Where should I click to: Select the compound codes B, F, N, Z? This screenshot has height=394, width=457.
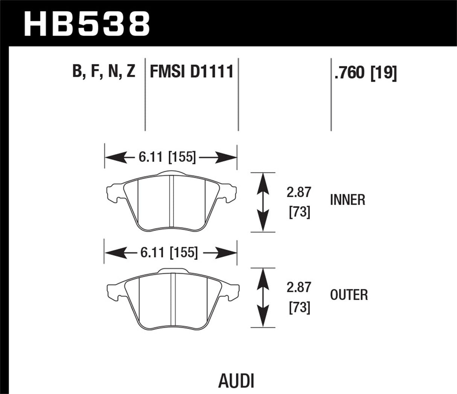coord(104,71)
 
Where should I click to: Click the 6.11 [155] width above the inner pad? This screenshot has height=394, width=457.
coord(167,158)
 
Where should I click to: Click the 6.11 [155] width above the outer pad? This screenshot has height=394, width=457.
coord(168,253)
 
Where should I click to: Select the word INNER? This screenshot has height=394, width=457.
coord(347,200)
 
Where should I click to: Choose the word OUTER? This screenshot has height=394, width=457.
coord(349,295)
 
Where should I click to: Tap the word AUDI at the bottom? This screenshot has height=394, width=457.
coord(236,381)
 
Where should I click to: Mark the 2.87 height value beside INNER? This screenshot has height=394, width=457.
coord(299,193)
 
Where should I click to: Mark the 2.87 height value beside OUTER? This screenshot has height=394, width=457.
coord(299,288)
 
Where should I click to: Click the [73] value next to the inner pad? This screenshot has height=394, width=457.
coord(299,213)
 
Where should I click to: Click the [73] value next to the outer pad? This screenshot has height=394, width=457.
coord(299,308)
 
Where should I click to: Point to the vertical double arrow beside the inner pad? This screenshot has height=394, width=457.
coord(263,202)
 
